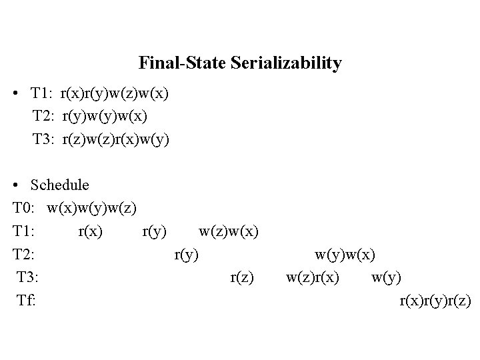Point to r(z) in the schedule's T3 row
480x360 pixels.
click(241, 277)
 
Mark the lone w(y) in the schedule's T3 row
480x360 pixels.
click(387, 277)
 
